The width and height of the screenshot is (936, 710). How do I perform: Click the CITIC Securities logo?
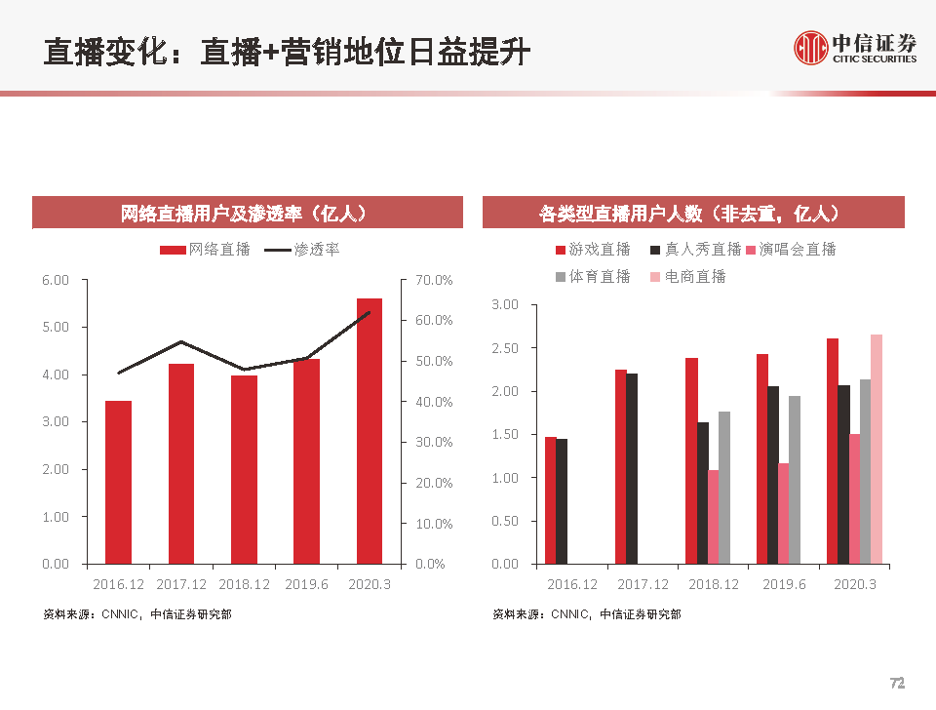click(855, 47)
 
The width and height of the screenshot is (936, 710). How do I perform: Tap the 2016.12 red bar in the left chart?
click(118, 482)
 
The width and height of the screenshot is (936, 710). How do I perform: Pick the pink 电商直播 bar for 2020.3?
click(877, 449)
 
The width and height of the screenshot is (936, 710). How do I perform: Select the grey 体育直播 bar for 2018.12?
click(723, 488)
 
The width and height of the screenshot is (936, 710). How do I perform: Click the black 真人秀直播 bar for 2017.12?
click(632, 468)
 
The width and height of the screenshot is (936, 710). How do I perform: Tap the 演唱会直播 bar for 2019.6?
click(783, 513)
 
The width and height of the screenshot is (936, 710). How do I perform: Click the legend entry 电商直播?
click(688, 277)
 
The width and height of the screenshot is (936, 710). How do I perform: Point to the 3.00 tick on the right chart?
click(506, 305)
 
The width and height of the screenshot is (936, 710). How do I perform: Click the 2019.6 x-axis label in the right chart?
click(784, 584)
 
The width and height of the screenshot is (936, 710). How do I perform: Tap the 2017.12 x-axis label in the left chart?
click(181, 584)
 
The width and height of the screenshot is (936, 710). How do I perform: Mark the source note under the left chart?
click(137, 614)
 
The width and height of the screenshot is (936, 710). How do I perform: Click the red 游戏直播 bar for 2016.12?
click(550, 500)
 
